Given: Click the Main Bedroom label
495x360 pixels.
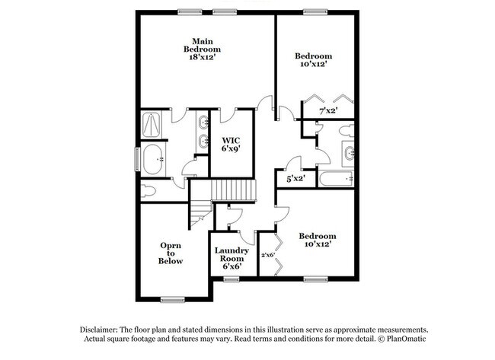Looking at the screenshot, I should click(x=202, y=45).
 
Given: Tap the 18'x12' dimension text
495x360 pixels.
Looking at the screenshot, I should click(x=202, y=56).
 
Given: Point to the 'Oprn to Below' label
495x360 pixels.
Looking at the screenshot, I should click(x=171, y=253).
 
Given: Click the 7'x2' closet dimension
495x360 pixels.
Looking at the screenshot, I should click(x=327, y=111).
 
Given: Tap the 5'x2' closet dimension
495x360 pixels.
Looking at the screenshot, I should click(x=295, y=178).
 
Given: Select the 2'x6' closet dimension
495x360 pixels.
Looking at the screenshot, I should click(x=267, y=255).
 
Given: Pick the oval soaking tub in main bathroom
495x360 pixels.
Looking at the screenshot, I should click(x=155, y=159).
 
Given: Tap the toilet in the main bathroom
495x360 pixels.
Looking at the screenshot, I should click(x=148, y=191).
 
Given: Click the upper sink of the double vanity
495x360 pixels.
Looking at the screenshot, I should click(x=203, y=122).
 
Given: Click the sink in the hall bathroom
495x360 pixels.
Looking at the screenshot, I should click(x=349, y=153).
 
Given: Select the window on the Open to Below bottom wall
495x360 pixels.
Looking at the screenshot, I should click(x=173, y=299).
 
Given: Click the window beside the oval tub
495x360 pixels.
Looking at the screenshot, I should click(x=138, y=159).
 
